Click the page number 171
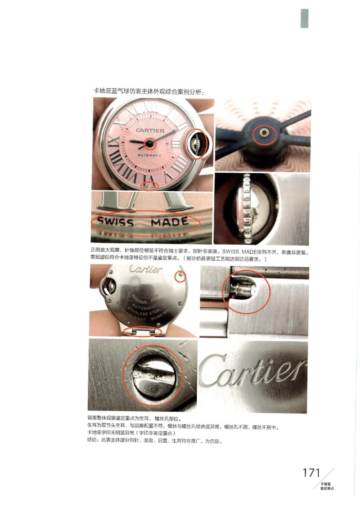click(311, 473)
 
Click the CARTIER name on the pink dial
click(150, 131)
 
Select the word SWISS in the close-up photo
click(116, 222)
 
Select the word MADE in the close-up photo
click(169, 222)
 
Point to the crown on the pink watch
click(197, 144)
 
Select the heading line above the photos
click(148, 91)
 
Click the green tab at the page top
click(305, 18)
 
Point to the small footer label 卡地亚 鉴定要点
click(327, 486)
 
